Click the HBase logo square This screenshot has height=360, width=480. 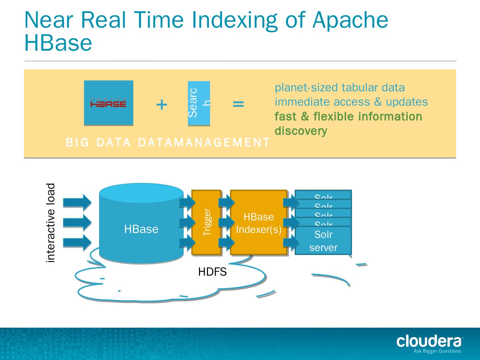coord(108,103)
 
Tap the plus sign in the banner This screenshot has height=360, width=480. coord(162,105)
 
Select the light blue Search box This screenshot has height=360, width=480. coord(199,103)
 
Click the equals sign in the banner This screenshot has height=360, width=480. coord(238,104)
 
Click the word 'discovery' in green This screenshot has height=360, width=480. coord(301,131)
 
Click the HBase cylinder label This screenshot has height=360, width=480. coord(141,229)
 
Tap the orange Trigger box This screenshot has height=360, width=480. coord(207,222)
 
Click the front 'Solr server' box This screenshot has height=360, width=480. coord(323,241)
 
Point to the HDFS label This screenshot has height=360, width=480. coord(212,272)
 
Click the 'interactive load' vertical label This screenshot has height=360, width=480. coord(50,223)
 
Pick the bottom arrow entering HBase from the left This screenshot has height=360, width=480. coord(77,242)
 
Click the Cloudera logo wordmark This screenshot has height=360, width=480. coord(429,341)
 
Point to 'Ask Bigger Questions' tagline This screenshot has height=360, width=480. coord(437,351)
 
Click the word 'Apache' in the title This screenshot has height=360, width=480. coord(350,20)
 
